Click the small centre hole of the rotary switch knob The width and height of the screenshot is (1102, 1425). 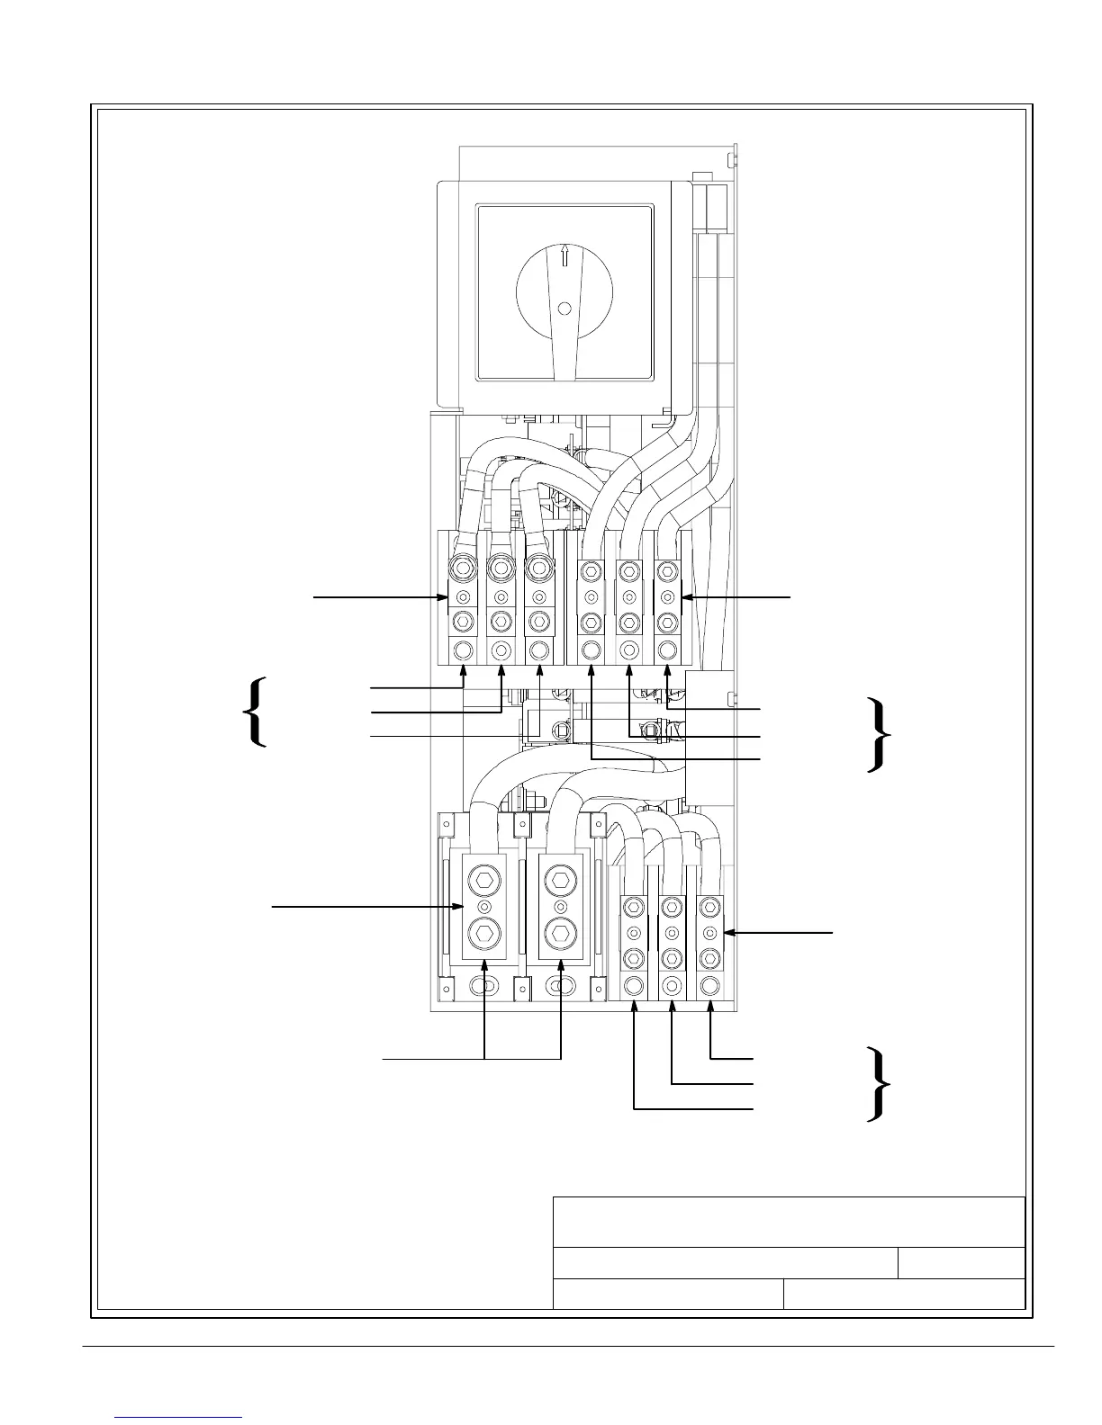click(565, 309)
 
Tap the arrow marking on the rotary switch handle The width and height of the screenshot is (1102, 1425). click(565, 255)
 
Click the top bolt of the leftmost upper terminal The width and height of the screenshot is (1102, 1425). click(463, 569)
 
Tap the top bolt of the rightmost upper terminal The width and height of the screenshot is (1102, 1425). click(667, 570)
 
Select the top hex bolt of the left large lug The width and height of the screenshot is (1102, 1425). click(484, 880)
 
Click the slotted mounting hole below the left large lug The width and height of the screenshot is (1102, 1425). click(485, 988)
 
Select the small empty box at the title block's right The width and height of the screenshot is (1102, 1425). click(962, 1263)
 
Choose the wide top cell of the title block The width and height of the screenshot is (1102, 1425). click(789, 1222)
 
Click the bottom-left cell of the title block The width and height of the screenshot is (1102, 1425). click(667, 1294)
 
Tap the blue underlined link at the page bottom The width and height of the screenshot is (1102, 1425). click(179, 1416)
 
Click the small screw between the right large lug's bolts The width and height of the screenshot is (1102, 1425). click(561, 906)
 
